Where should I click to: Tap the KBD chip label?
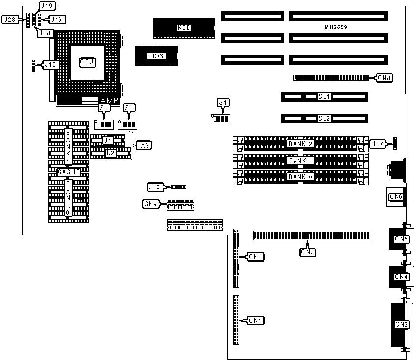[x=184, y=28]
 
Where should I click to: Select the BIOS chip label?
[x=156, y=56]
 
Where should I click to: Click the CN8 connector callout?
[x=384, y=77]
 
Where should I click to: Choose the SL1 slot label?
[x=324, y=97]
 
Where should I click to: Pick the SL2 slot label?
[x=324, y=118]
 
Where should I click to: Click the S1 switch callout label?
[x=223, y=102]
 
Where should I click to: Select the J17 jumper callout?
[x=378, y=144]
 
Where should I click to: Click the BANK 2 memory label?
[x=300, y=144]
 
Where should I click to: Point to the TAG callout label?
[x=144, y=145]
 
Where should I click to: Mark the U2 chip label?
[x=110, y=153]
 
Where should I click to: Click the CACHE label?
[x=68, y=172]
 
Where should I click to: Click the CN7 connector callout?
[x=308, y=252]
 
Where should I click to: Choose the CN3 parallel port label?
[x=402, y=324]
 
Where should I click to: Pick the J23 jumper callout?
[x=10, y=20]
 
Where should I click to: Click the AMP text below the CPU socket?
[x=109, y=100]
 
